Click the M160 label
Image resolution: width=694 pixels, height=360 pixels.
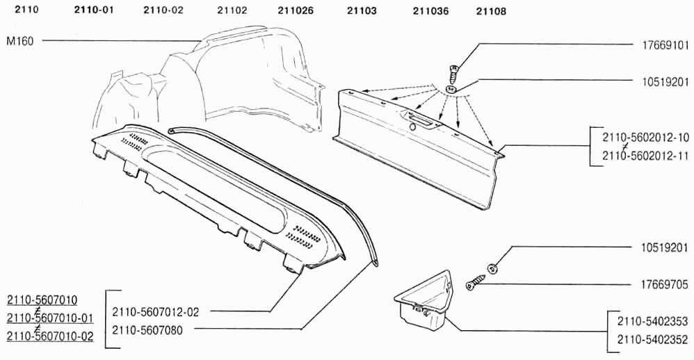(x=20, y=42)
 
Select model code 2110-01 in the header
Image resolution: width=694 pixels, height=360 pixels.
(x=94, y=10)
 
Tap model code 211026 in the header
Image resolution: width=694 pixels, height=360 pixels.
(x=296, y=10)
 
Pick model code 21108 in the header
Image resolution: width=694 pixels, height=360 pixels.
(x=491, y=11)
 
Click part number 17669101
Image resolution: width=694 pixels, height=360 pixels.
(x=665, y=45)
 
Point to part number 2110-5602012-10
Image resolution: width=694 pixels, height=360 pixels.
(x=645, y=138)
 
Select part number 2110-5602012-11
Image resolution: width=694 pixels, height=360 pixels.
(x=645, y=156)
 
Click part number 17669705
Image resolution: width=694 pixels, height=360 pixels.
(x=665, y=285)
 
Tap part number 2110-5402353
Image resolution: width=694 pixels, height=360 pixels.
(x=653, y=320)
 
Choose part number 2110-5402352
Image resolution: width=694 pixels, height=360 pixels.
(x=653, y=339)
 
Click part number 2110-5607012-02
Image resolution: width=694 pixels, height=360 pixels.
(x=156, y=312)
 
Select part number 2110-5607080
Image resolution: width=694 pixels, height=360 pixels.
(x=147, y=330)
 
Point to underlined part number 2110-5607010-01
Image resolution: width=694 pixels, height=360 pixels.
(x=50, y=318)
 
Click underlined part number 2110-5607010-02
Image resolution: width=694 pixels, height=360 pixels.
(x=50, y=336)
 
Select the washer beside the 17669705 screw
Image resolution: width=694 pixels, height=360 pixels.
(x=492, y=268)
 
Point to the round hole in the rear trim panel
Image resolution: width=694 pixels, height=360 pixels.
(x=412, y=127)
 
